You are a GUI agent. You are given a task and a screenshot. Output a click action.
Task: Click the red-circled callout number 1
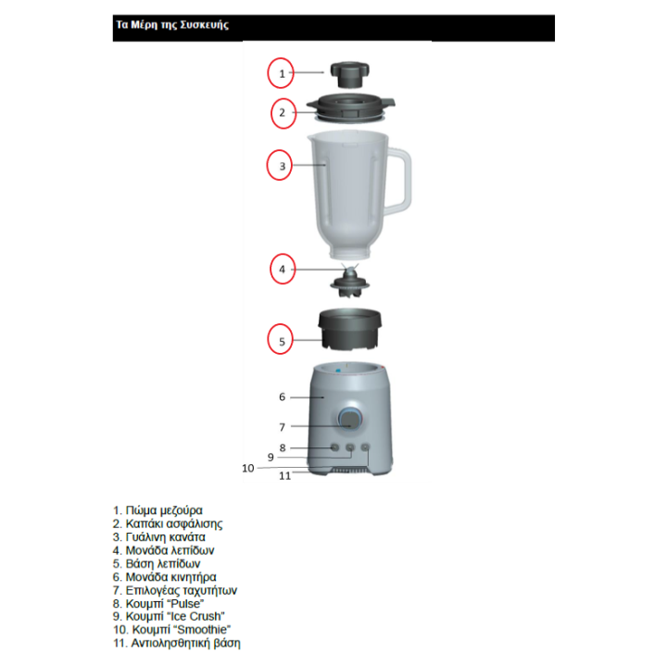coord(282,74)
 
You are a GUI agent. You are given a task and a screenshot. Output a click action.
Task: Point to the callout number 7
coord(282,427)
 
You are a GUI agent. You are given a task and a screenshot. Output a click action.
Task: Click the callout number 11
coord(285,475)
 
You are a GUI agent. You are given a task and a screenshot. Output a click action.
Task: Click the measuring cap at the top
coord(349,74)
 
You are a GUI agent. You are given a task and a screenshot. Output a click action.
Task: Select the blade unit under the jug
coord(350,281)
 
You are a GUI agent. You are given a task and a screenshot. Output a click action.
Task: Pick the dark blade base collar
coord(349,330)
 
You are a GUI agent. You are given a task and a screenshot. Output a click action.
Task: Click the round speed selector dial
coord(350,419)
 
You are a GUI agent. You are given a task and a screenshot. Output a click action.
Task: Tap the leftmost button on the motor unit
coord(335,447)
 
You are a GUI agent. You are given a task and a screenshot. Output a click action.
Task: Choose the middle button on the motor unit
coord(350,447)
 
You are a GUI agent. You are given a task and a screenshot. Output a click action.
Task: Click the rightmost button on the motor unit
coord(365,447)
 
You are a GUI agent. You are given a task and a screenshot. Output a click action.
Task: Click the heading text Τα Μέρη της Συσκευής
coord(172,25)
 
